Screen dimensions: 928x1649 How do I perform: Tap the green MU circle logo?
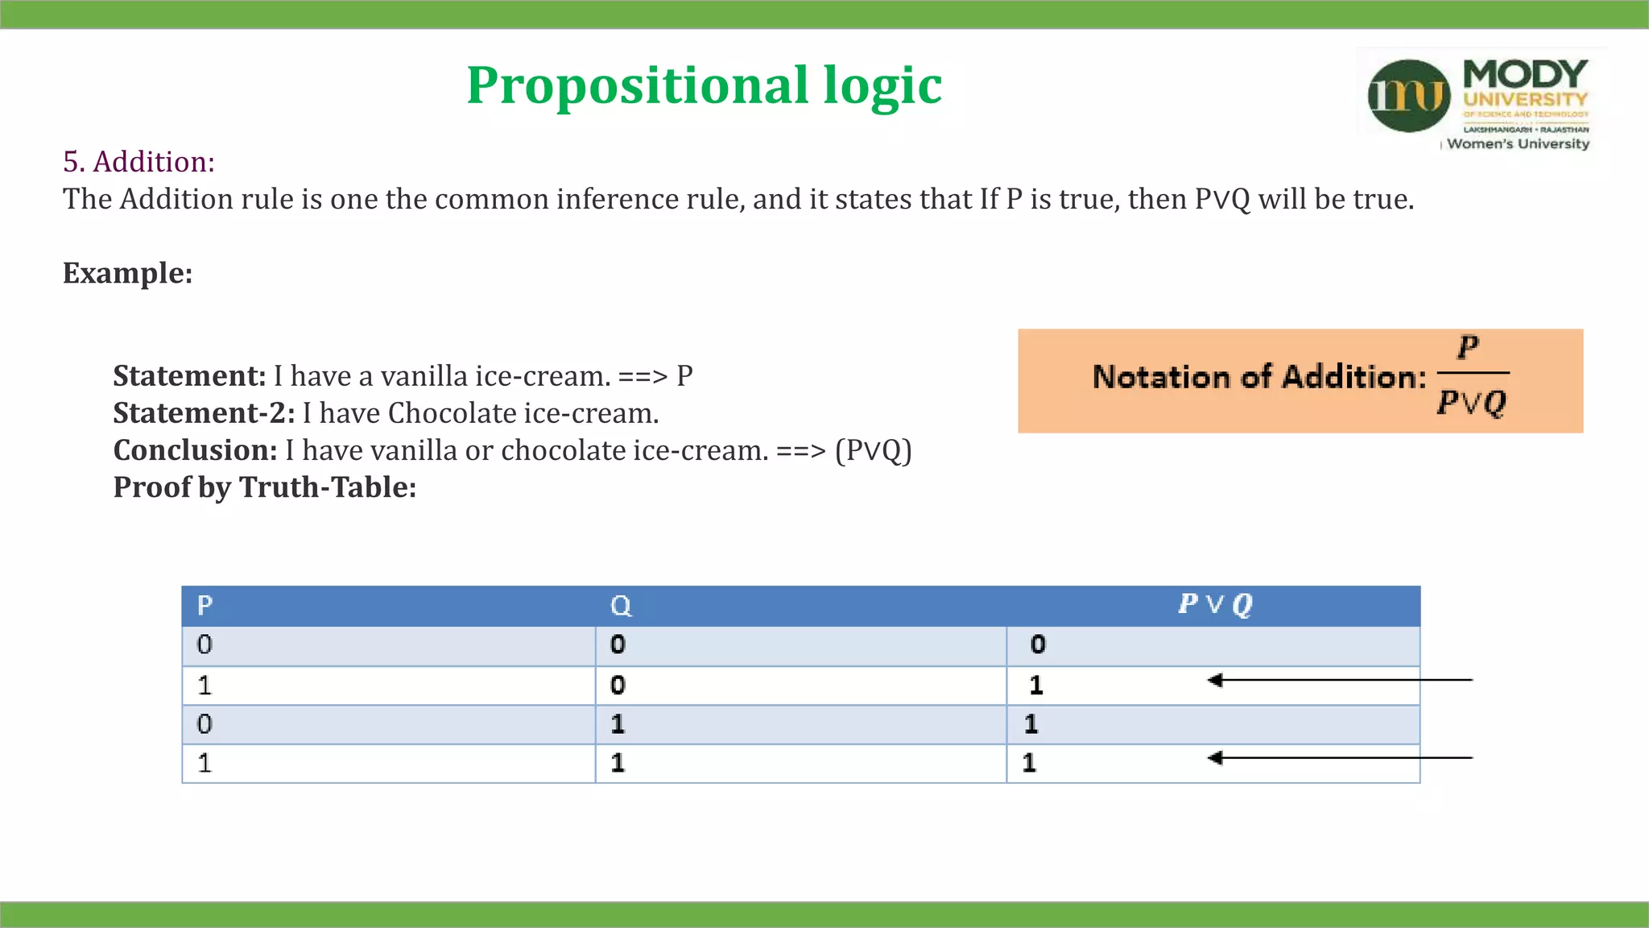tap(1408, 96)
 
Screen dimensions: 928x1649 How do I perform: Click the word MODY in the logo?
tap(1525, 74)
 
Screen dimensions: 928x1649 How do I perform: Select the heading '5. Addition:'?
tap(138, 162)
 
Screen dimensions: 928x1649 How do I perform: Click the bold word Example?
tap(127, 273)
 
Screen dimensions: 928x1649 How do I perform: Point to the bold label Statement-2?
tap(204, 413)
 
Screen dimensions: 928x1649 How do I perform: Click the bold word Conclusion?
tap(195, 450)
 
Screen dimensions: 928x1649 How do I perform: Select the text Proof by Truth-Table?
tap(264, 487)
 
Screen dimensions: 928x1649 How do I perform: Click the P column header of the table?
tap(205, 606)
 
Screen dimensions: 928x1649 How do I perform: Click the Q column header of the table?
tap(620, 606)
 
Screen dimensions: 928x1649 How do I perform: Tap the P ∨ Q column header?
tap(1214, 604)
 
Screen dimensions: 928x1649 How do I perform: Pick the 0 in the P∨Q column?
tap(1038, 644)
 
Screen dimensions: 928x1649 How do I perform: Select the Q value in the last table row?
tap(618, 763)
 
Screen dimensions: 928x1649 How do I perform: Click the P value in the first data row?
tap(205, 644)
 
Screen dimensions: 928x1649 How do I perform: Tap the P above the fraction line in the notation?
tap(1468, 348)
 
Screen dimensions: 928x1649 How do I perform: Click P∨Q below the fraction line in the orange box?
tap(1471, 402)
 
